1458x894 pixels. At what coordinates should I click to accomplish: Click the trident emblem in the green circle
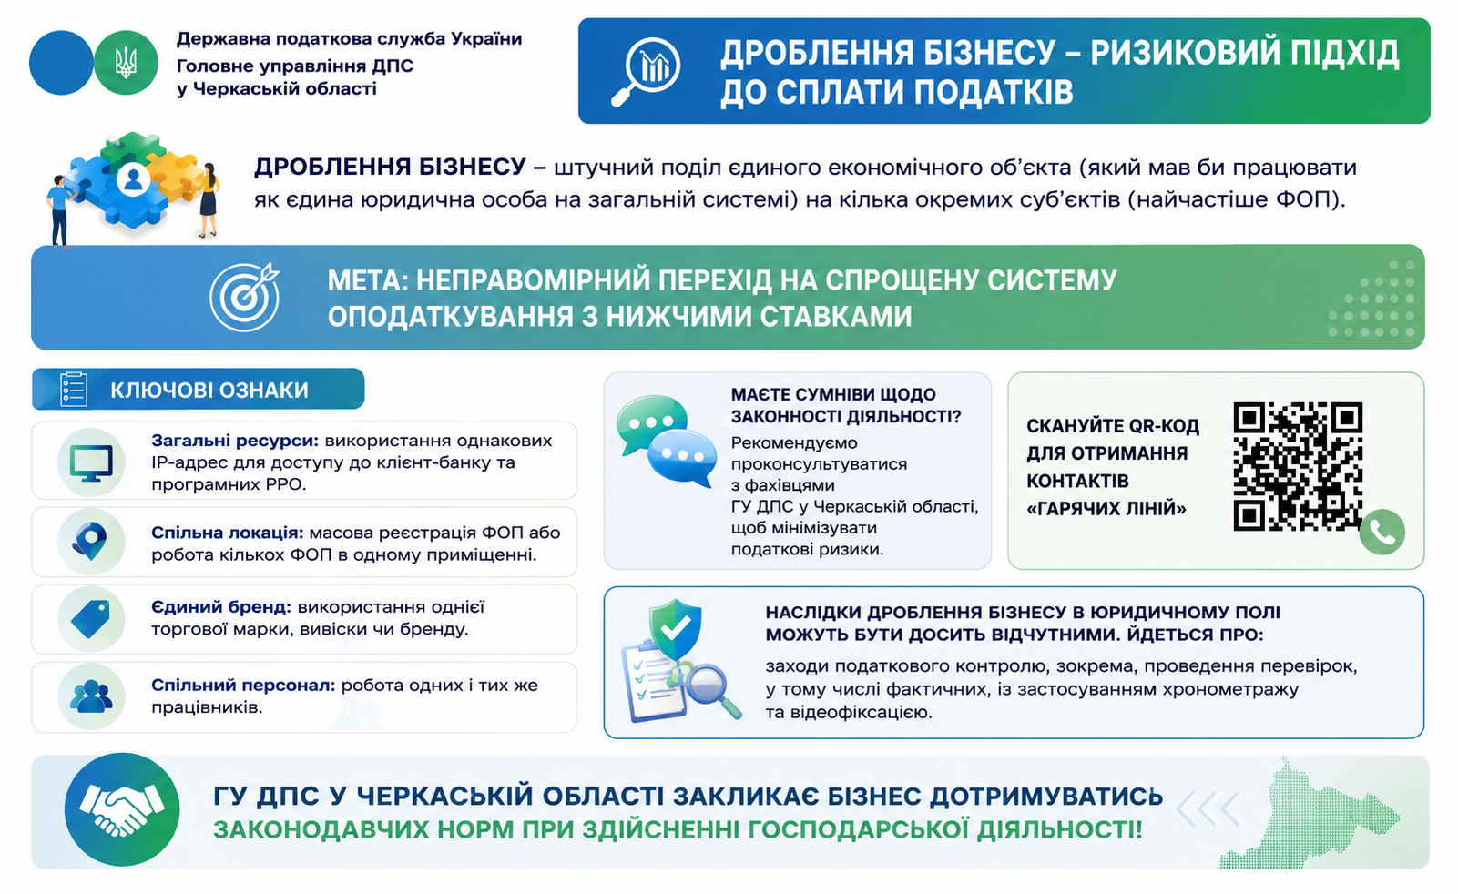point(126,63)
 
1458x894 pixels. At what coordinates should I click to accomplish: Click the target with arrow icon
point(245,297)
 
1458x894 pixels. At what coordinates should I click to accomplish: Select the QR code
point(1298,466)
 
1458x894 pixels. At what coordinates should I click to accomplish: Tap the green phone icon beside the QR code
point(1382,532)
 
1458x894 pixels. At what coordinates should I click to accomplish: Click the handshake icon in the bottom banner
point(122,808)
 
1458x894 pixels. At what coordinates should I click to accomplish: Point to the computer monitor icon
point(91,463)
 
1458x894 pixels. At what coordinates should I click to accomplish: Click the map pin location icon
point(90,541)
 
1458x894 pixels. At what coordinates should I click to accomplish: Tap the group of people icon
point(90,696)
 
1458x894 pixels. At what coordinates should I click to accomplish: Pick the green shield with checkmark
point(677,628)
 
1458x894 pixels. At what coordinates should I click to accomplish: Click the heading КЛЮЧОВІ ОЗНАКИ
point(209,390)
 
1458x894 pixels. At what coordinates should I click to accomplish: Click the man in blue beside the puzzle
point(59,211)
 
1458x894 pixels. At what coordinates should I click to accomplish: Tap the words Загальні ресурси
point(235,441)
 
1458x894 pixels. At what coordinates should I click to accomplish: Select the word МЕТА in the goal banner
point(367,280)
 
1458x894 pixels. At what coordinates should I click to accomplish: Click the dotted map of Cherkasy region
point(1309,813)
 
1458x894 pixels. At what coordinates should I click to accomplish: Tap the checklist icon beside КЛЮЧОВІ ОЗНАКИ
point(74,389)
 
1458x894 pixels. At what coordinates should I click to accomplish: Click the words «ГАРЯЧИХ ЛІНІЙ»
point(1106,508)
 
